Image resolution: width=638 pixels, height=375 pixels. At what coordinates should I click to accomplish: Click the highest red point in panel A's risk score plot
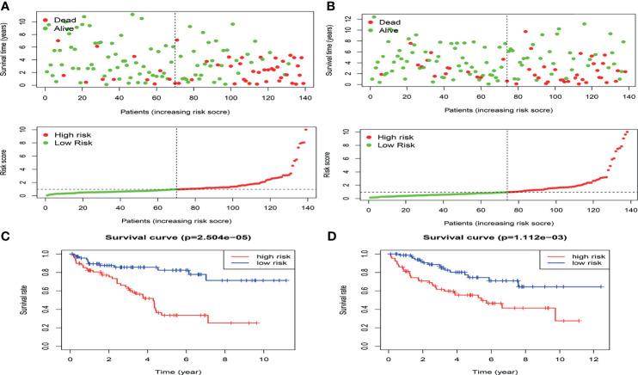click(x=304, y=129)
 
